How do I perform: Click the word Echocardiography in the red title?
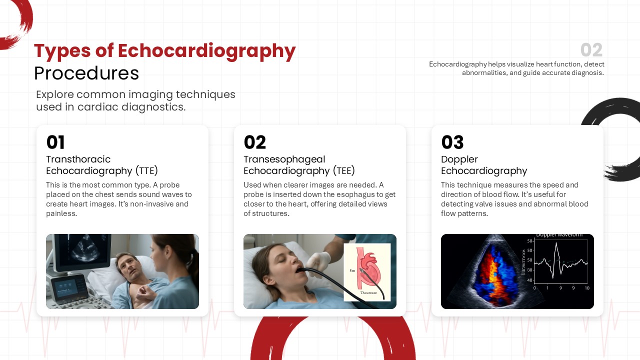(206, 51)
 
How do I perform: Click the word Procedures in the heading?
(86, 73)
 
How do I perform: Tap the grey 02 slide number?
(591, 50)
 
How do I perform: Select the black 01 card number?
(55, 142)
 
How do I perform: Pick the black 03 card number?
(452, 142)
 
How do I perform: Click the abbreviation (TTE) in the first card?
(146, 171)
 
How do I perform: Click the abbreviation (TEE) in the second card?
(344, 171)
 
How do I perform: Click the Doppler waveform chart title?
(559, 235)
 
